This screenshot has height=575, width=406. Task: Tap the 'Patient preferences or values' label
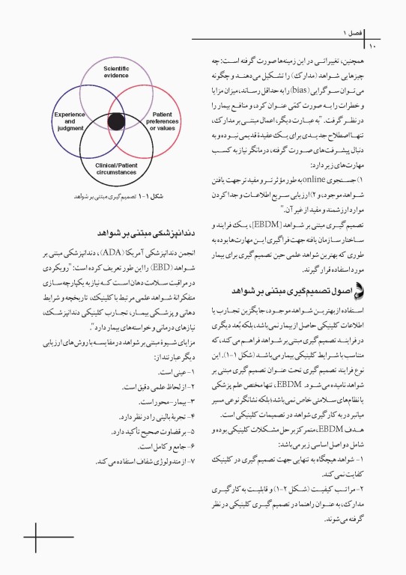click(x=162, y=121)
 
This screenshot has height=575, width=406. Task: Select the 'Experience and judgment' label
click(x=70, y=121)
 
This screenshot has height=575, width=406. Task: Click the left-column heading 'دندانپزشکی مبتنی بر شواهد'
click(x=140, y=232)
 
